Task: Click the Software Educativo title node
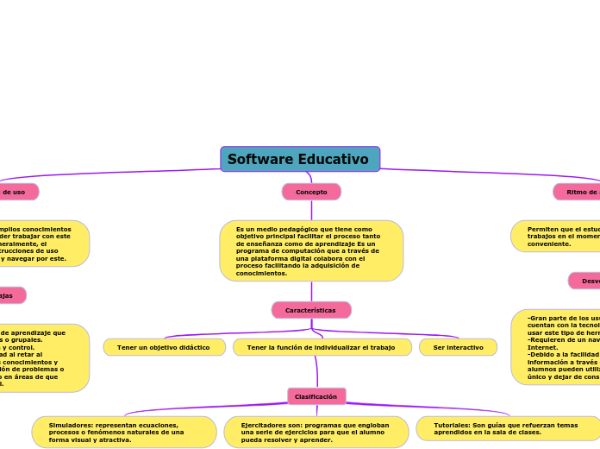click(x=300, y=159)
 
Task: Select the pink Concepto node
click(x=311, y=192)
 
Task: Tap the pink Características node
click(x=311, y=310)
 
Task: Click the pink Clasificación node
click(x=316, y=396)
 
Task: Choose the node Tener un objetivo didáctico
click(x=164, y=347)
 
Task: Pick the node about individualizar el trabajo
click(x=322, y=347)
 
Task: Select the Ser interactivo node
click(x=458, y=347)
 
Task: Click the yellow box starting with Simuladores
click(x=124, y=432)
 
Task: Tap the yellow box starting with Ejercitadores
click(x=316, y=432)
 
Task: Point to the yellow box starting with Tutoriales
click(x=507, y=428)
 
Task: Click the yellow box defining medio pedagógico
click(x=311, y=250)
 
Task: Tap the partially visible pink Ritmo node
click(x=578, y=192)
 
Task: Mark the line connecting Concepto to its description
click(x=311, y=210)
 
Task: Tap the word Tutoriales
click(x=452, y=425)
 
